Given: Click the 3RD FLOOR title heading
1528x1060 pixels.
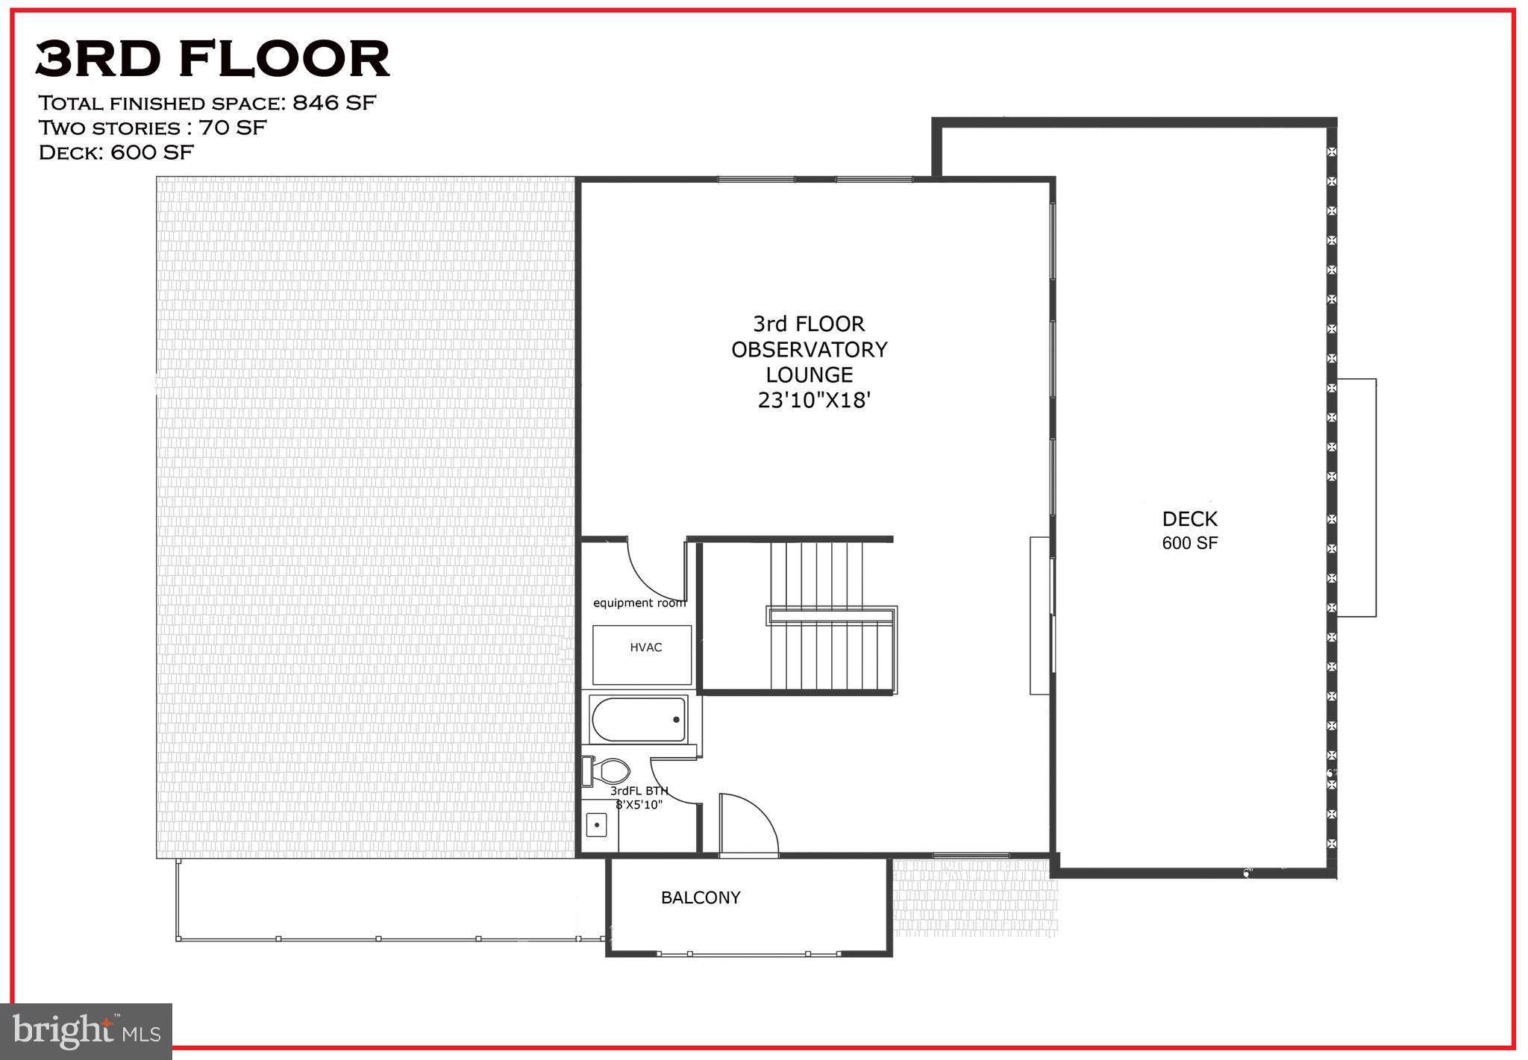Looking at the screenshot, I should [213, 59].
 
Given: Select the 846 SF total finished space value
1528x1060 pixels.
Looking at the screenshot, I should [334, 103].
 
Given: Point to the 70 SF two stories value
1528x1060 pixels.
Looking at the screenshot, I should [232, 128].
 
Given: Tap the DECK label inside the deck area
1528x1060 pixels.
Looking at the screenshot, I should [1189, 519].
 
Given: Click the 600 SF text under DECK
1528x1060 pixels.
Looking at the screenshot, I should [1189, 543].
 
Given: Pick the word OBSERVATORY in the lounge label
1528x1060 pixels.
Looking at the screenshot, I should [809, 350].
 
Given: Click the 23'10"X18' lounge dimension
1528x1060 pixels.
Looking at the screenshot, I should [814, 401].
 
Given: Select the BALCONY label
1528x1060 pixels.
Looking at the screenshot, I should [701, 897].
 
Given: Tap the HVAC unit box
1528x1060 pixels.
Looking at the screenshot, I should [642, 654].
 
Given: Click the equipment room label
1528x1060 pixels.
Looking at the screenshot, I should [639, 603].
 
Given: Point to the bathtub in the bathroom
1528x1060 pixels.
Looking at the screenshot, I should [639, 719].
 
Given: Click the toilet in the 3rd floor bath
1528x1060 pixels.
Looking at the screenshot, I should [608, 770].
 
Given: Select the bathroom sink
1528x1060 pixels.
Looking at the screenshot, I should [597, 825].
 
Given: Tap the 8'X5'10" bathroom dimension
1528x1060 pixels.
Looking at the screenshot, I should [639, 804].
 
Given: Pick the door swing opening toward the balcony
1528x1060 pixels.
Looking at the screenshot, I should [746, 824].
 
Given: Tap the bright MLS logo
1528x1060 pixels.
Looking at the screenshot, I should [87, 1032].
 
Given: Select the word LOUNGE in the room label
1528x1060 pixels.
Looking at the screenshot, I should [809, 374].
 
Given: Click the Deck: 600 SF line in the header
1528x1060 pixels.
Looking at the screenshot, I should [116, 153].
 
